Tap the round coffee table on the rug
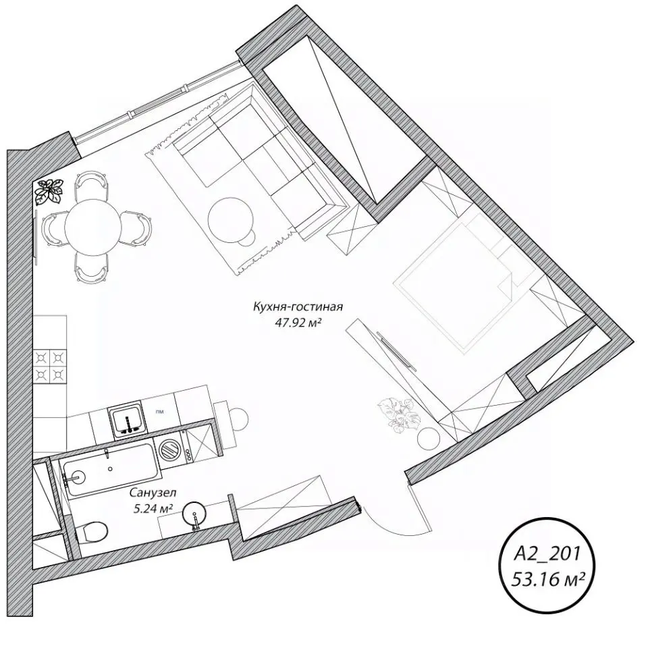tap(231, 220)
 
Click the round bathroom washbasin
tap(194, 513)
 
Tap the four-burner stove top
tap(49, 365)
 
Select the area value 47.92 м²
tap(298, 323)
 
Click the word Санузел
tap(153, 493)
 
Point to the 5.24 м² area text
tap(153, 508)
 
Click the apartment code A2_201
tap(547, 553)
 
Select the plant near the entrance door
tap(399, 415)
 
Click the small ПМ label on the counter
tap(159, 412)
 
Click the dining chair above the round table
tap(92, 184)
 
